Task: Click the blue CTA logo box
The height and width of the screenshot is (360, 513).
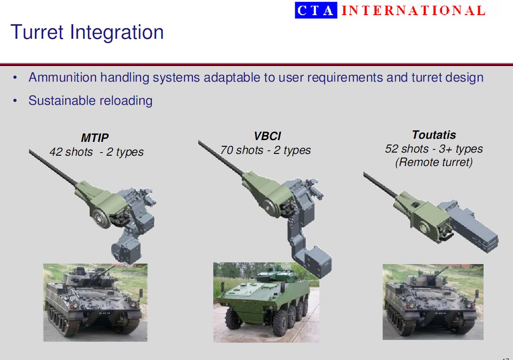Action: (316, 10)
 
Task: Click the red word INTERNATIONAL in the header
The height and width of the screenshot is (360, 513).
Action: (413, 10)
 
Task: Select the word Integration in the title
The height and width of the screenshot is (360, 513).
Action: (117, 33)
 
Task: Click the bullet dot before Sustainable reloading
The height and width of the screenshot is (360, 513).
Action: (15, 101)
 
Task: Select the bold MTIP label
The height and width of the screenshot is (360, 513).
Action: (95, 138)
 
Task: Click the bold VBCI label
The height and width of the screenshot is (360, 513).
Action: (267, 136)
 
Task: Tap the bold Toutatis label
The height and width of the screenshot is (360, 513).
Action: (434, 135)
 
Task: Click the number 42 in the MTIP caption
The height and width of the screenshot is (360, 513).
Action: (56, 152)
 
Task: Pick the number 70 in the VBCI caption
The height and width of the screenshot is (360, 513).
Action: (226, 150)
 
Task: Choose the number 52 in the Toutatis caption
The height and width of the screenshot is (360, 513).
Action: (391, 149)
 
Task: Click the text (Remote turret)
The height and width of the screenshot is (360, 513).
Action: (434, 162)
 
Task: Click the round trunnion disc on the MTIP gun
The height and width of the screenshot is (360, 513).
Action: (101, 218)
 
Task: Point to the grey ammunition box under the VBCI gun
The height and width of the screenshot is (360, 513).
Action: (317, 262)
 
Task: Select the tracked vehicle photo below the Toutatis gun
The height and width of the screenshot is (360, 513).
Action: (433, 302)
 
